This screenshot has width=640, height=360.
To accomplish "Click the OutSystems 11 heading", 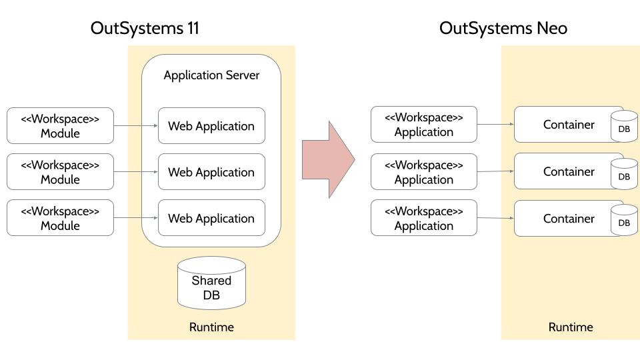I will tap(145, 28).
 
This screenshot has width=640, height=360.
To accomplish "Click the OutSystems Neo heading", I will tap(503, 28).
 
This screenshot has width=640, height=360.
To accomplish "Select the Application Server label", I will tap(211, 75).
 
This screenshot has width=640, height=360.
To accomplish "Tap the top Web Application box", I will tap(211, 126).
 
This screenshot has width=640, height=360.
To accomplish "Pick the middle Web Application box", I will tap(211, 172).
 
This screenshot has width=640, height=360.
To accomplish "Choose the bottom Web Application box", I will tap(211, 218).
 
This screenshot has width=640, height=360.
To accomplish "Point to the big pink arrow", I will tap(328, 159).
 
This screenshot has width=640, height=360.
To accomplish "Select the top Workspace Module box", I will tap(60, 126).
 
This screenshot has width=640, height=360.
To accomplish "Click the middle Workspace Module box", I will tap(60, 172).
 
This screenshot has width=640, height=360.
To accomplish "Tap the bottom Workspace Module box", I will tap(60, 218).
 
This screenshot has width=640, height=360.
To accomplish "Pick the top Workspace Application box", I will tap(423, 125).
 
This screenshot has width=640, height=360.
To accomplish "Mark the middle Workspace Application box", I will tap(423, 172).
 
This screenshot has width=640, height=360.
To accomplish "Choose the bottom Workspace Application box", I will tap(423, 218).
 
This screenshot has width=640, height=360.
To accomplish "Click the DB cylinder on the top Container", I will tap(624, 127).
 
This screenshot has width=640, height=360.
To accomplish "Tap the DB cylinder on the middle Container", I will tap(624, 174).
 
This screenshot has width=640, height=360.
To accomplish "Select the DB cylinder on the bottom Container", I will tap(624, 221).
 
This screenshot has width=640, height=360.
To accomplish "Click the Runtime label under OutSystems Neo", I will tap(571, 327).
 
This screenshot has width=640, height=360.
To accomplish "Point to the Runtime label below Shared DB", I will tap(211, 327).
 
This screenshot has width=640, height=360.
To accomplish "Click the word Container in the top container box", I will tap(569, 125).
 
